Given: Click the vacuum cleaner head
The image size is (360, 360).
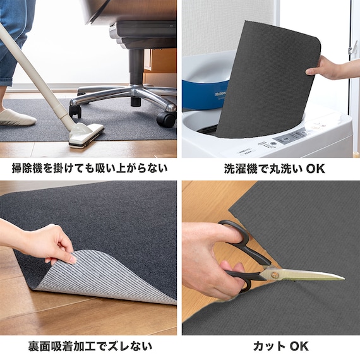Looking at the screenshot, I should point(86,134).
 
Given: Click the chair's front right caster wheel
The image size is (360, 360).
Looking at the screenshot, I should point(166,119).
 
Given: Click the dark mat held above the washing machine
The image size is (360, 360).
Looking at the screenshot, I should point(265,76).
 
